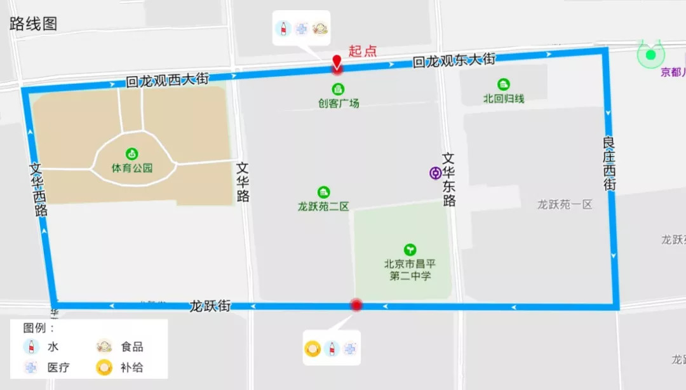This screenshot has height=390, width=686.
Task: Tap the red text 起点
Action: point(363,51)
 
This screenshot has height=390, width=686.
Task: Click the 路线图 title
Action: point(33,24)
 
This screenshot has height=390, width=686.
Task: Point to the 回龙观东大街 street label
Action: point(454,61)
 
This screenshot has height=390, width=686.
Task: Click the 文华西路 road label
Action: point(39,189)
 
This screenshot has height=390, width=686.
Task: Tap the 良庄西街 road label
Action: point(610,163)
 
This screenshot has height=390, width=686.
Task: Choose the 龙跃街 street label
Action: point(210,306)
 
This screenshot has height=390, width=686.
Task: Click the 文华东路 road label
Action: point(449,180)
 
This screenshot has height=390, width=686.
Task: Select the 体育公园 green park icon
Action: point(132,153)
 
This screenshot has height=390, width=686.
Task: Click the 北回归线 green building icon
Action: point(504,84)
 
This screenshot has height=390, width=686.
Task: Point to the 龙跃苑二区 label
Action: point(323,206)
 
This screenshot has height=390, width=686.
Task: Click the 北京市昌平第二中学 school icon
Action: point(410,250)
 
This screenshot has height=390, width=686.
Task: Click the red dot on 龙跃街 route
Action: point(356,306)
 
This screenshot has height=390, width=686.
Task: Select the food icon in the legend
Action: point(104,347)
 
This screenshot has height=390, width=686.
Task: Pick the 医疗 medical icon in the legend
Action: point(30,367)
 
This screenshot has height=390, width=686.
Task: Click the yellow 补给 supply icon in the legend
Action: point(104,367)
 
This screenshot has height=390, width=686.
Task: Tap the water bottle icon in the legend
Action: point(30,347)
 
